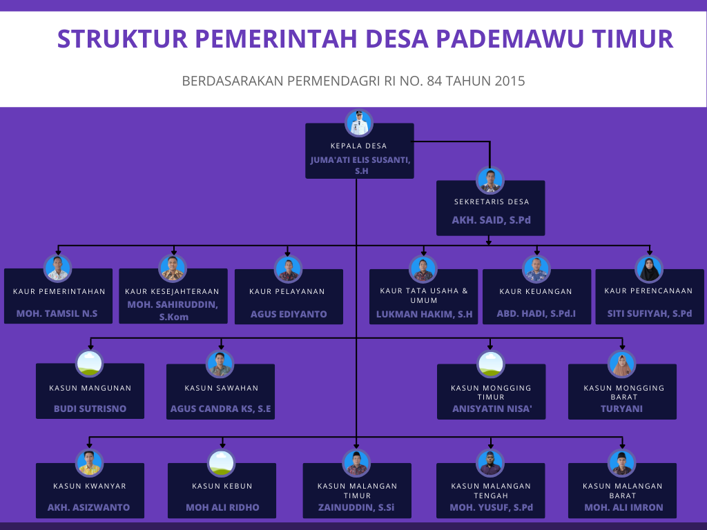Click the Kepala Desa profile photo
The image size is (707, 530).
coord(359,123)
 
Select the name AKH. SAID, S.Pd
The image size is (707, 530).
coord(491,220)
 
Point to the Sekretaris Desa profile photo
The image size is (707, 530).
coord(490,181)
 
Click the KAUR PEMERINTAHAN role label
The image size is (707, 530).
coord(59,292)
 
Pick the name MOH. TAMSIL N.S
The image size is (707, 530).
coord(57,314)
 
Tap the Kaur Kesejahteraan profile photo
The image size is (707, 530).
coord(173,268)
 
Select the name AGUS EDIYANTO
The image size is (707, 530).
coord(289,314)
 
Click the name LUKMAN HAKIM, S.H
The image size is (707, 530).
coord(425,314)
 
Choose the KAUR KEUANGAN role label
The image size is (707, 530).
coord(536,292)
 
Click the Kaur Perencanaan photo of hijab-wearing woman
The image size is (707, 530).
coord(649,269)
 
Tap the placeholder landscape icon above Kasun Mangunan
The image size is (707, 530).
coord(90,363)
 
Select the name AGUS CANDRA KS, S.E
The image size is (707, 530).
coord(220,409)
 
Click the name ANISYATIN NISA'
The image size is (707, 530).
coord(492,409)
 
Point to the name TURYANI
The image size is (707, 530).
coord(621,409)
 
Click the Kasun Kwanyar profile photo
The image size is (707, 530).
coord(90,463)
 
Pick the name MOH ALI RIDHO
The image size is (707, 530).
coord(222,507)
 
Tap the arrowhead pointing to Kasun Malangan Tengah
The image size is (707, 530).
coord(491,445)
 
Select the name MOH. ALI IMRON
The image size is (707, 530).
coord(623,507)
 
